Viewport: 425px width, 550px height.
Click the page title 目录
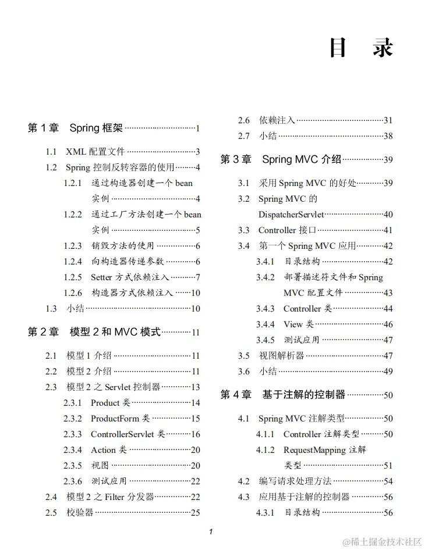tap(361, 48)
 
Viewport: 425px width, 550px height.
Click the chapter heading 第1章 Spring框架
tap(75, 128)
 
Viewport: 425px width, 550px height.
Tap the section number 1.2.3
tap(73, 246)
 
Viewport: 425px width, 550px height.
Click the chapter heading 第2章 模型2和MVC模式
tap(94, 332)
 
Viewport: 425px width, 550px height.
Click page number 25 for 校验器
tap(196, 512)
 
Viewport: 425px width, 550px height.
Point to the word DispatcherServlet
tap(291, 215)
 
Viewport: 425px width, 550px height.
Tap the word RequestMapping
tap(314, 449)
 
